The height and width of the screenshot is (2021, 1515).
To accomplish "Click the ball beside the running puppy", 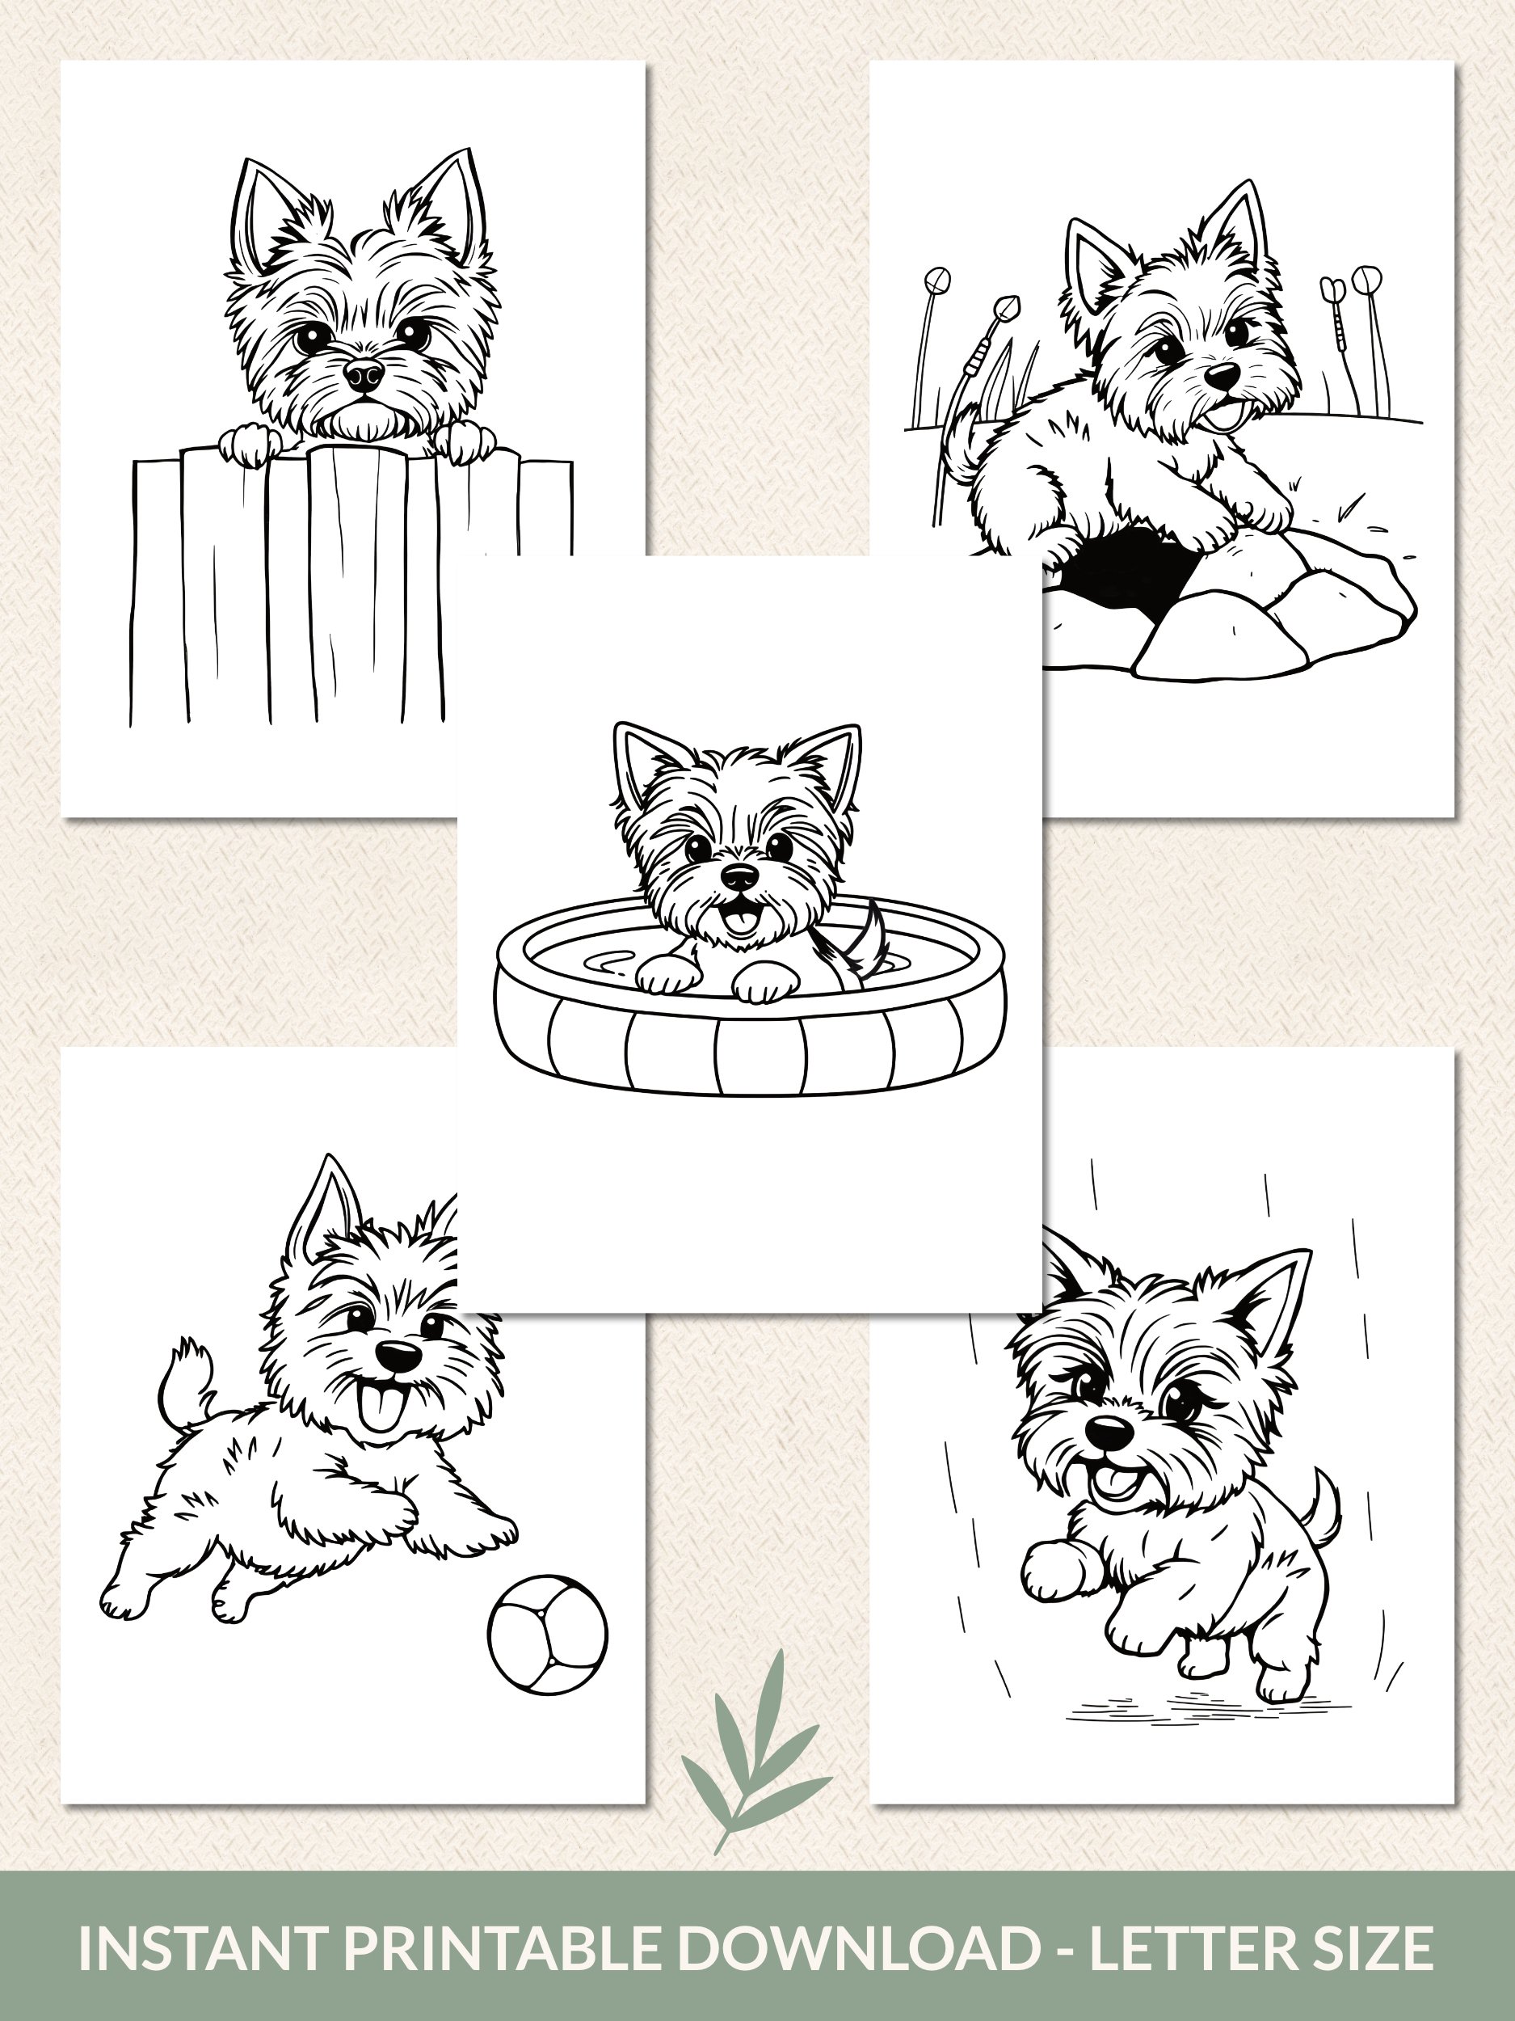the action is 548,1633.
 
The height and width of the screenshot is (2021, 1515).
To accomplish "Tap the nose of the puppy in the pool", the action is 739,877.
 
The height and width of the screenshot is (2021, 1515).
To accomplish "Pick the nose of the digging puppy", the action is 1222,374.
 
